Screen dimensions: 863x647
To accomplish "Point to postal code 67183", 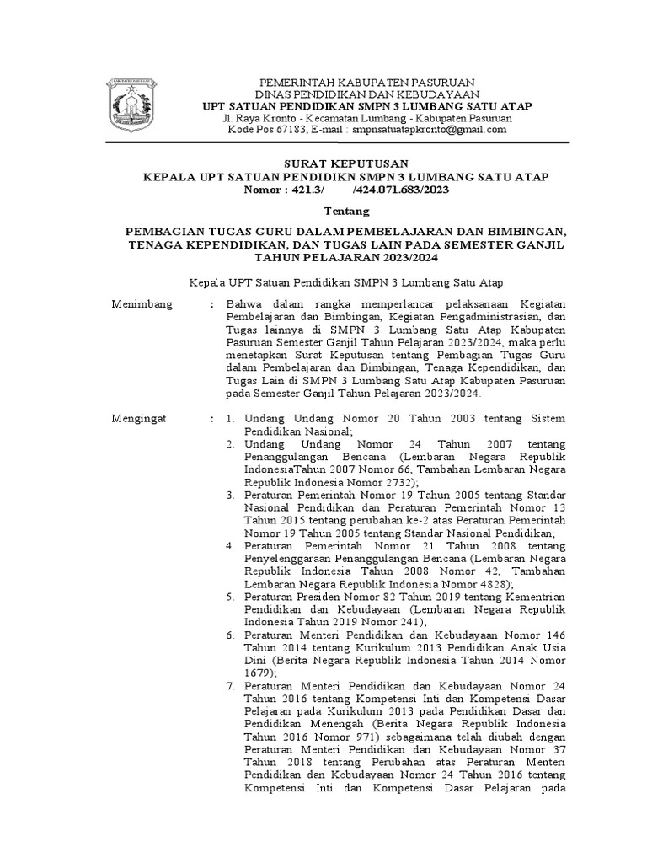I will tap(266, 130).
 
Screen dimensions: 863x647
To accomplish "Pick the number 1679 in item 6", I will tap(257, 674).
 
